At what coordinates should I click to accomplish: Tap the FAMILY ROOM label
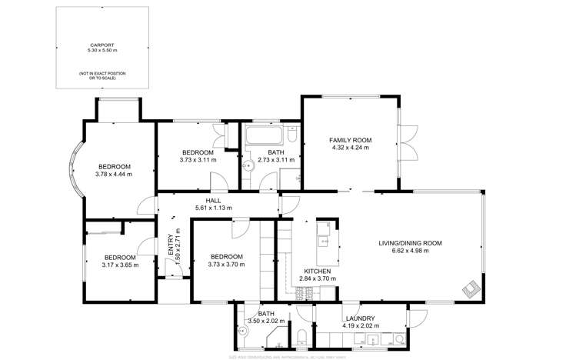350,140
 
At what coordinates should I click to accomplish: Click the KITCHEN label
317,272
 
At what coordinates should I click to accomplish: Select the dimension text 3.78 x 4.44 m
113,175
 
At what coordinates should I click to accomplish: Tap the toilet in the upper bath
292,136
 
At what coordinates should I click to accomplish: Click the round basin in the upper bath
248,164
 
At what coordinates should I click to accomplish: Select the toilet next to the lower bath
303,335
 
